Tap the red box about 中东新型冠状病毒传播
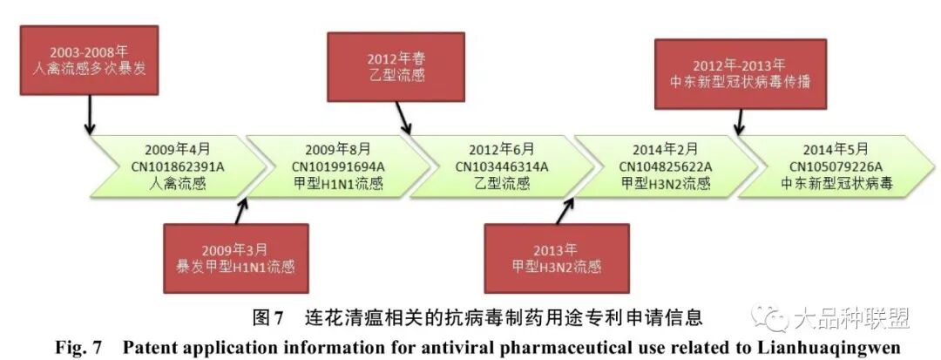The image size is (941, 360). pyautogui.click(x=739, y=74)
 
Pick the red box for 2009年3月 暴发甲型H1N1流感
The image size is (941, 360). pyautogui.click(x=235, y=257)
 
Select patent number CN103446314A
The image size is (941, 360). pyautogui.click(x=502, y=166)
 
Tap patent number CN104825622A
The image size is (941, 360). pyautogui.click(x=666, y=166)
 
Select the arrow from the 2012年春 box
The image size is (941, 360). pyautogui.click(x=403, y=116)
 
